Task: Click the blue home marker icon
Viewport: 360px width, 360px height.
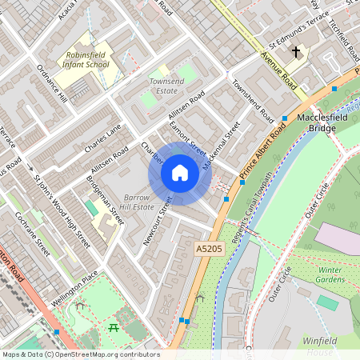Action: click(x=180, y=173)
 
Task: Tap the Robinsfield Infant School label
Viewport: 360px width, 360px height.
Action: click(x=79, y=59)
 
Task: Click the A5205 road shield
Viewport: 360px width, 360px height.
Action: click(x=209, y=250)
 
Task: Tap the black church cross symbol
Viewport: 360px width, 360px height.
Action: click(x=296, y=53)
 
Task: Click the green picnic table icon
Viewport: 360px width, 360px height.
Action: click(x=114, y=327)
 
